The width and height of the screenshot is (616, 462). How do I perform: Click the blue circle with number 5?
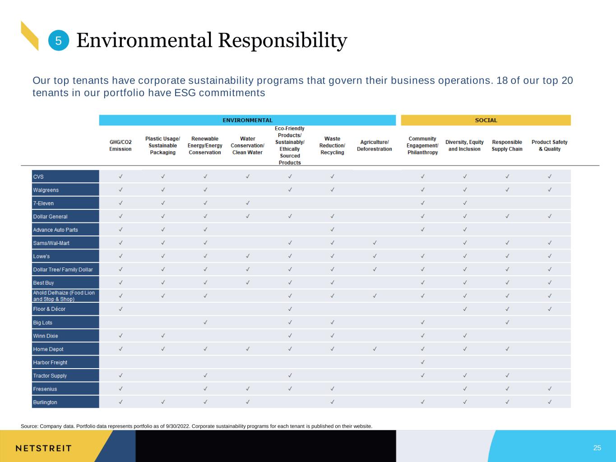click(x=59, y=41)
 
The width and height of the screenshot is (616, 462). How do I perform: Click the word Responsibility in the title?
click(x=283, y=41)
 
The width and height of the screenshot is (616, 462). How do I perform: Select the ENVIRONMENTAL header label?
click(x=247, y=120)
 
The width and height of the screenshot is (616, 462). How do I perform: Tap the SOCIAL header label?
click(x=486, y=120)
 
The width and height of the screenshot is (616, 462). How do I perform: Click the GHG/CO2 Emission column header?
click(x=120, y=146)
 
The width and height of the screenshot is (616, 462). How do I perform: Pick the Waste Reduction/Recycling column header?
click(x=332, y=146)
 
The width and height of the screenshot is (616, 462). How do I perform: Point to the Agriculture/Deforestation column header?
click(x=375, y=146)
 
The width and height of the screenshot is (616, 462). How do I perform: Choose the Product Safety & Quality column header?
click(x=550, y=146)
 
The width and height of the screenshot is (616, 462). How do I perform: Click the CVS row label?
click(x=38, y=177)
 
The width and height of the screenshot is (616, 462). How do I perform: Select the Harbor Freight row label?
click(x=50, y=362)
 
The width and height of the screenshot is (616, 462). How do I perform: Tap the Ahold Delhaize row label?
click(x=64, y=296)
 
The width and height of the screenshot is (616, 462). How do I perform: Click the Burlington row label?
click(x=45, y=402)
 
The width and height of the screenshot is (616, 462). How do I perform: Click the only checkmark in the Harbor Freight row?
click(x=423, y=362)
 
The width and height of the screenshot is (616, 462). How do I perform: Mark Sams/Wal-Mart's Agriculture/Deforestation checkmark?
click(x=375, y=243)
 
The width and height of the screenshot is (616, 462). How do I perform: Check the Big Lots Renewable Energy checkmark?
click(x=205, y=322)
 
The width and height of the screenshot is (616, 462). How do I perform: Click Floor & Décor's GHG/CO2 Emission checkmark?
click(x=120, y=309)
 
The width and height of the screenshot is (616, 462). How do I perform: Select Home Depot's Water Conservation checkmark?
click(x=248, y=349)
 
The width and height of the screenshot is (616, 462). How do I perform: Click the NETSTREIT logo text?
click(x=43, y=448)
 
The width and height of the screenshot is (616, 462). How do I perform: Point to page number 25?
click(x=597, y=448)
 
